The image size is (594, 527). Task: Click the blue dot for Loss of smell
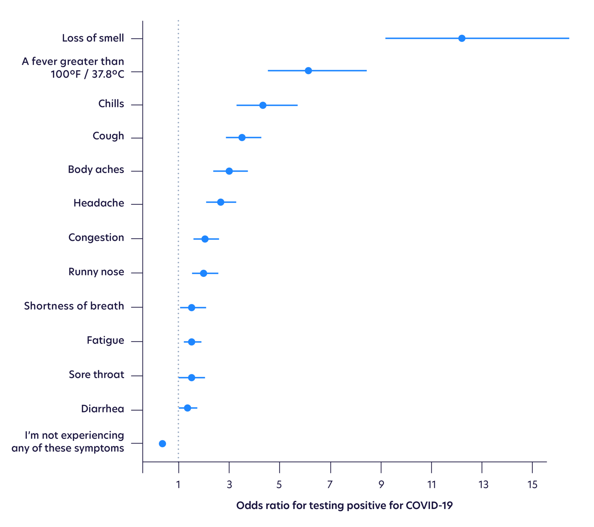coord(462,38)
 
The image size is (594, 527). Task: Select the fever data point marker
coord(308,71)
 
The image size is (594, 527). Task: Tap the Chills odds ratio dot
coord(263,105)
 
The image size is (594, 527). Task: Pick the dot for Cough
coord(242,138)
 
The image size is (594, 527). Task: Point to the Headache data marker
coord(221,202)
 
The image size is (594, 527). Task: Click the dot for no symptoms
coord(162,443)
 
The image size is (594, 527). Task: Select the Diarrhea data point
coord(188,408)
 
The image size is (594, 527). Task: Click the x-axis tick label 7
coord(330,485)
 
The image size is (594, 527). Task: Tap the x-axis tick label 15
coord(532,485)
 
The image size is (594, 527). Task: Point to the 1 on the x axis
coord(178,485)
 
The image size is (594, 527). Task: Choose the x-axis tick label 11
coord(431,485)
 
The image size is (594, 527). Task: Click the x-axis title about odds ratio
coord(344,505)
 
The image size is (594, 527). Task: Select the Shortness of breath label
coord(74,306)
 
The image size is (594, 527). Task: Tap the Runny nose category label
coord(96,272)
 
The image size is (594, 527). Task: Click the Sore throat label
coord(97,374)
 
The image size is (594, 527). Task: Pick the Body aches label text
coord(96,170)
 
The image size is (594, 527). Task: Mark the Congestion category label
coord(96,238)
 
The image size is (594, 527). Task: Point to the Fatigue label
coord(105,340)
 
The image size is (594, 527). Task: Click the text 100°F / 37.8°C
coord(88,74)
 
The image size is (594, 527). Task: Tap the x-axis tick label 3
coord(229,485)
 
